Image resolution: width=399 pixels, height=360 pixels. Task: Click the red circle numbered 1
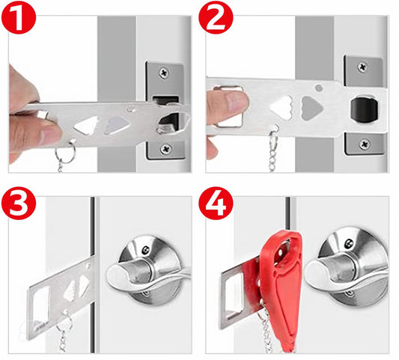(x=18, y=18)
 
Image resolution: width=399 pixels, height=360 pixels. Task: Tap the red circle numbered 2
(x=216, y=18)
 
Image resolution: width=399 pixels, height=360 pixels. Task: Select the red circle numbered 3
(x=18, y=203)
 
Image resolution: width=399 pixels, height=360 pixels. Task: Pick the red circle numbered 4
(x=216, y=203)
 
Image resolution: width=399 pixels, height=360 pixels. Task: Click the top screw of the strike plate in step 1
(x=164, y=73)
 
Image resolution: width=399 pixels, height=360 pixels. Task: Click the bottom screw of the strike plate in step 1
(x=165, y=149)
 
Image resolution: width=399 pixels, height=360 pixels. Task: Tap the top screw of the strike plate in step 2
(x=362, y=67)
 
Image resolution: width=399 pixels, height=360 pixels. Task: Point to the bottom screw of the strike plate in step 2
(x=365, y=144)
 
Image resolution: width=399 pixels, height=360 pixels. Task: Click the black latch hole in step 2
(x=365, y=109)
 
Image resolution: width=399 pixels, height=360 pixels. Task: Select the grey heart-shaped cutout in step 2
(x=311, y=108)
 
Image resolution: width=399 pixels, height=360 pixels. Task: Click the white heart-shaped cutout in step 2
(x=281, y=108)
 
